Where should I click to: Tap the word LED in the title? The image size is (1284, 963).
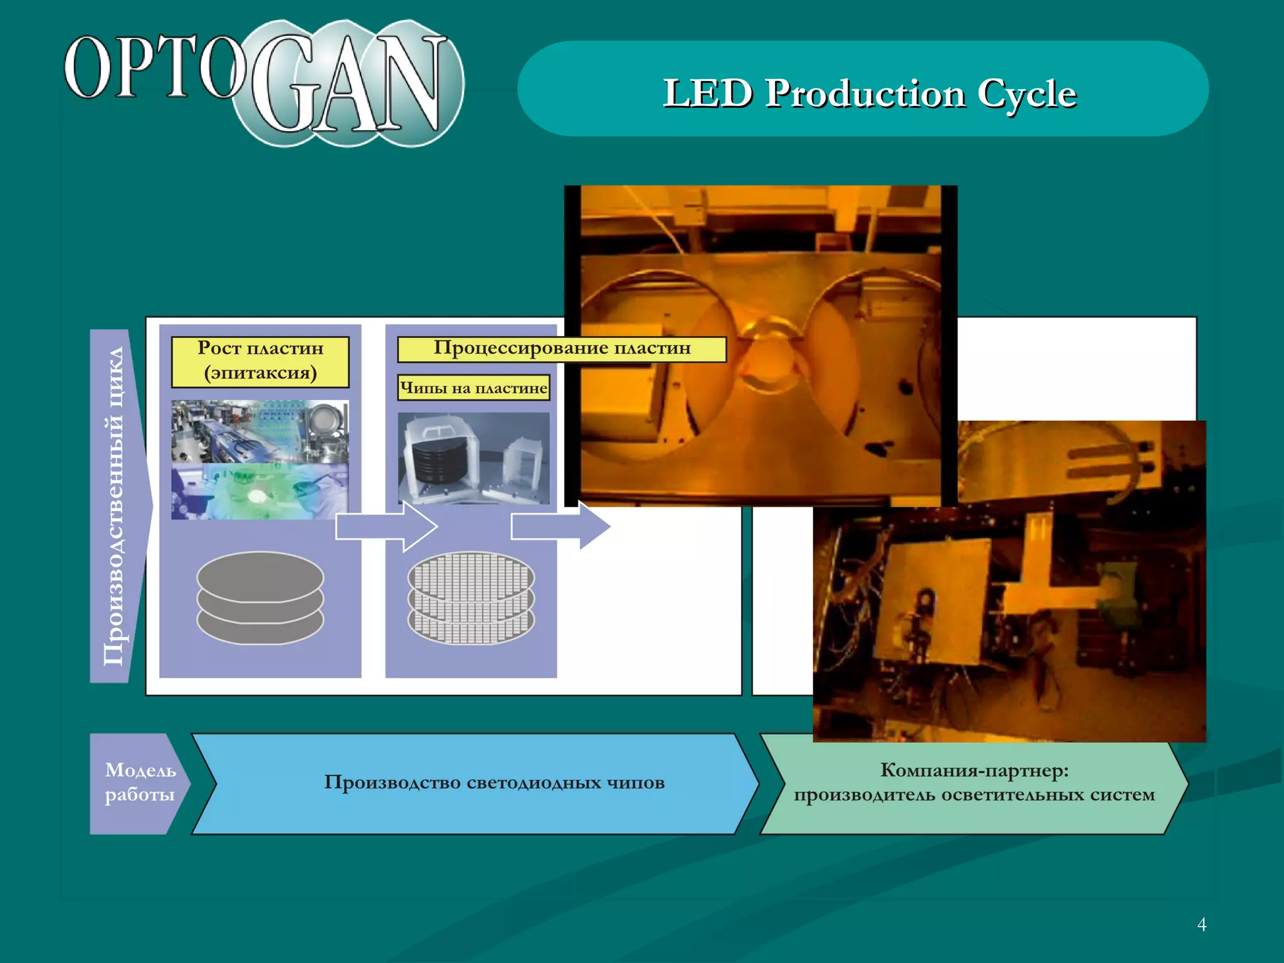point(707,94)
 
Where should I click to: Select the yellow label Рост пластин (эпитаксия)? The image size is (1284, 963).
point(260,361)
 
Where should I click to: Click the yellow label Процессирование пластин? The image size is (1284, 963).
point(562,349)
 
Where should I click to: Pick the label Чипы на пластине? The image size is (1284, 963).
point(473,387)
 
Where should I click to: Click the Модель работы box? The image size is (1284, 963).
point(139,782)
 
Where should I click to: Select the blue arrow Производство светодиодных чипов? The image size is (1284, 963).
point(494,782)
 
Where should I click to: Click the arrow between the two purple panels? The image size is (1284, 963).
point(385,527)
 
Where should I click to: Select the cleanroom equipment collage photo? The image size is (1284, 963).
point(260,459)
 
